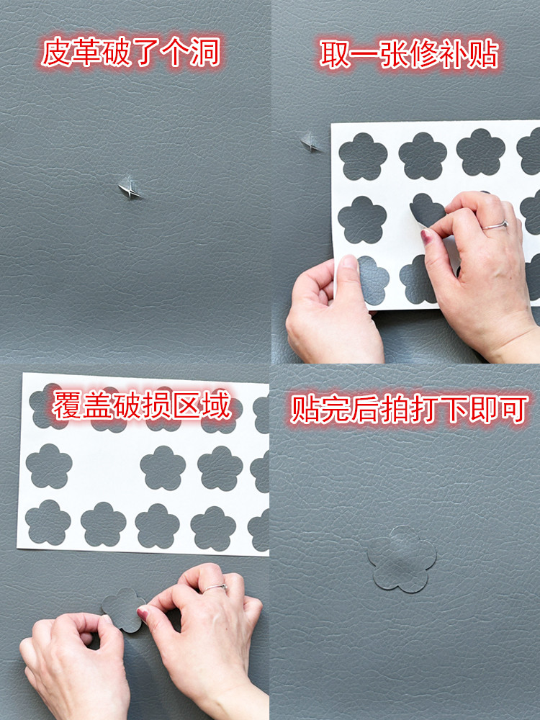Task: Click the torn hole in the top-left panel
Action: [x=129, y=188]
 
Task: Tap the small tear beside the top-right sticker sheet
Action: [x=310, y=143]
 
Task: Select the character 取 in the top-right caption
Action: [x=335, y=54]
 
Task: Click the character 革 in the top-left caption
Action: [x=86, y=52]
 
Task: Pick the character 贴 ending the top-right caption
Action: [x=483, y=54]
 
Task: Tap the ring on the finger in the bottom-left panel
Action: [x=215, y=588]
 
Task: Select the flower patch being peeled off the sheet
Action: [x=426, y=210]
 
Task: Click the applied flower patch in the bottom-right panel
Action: [x=402, y=559]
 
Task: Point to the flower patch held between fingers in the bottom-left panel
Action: [x=122, y=609]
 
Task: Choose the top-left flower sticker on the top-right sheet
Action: [x=363, y=156]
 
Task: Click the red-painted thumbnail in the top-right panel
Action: [x=426, y=235]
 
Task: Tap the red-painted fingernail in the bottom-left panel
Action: [x=143, y=613]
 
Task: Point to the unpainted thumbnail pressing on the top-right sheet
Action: [x=349, y=263]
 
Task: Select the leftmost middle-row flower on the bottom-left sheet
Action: [x=49, y=466]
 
